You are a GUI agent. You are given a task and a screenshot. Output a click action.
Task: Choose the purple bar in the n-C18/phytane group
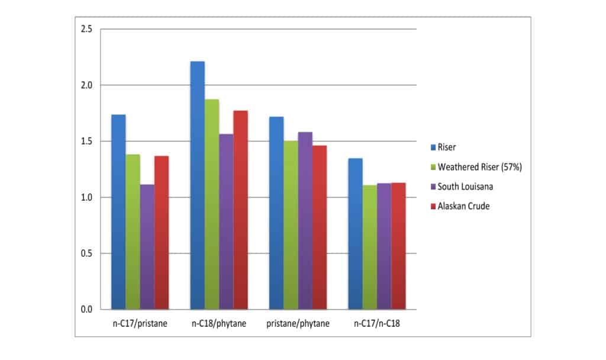[x=226, y=221]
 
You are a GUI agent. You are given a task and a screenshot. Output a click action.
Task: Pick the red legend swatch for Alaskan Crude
[x=433, y=206]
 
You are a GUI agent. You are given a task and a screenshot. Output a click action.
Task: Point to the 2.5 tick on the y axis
[x=86, y=29]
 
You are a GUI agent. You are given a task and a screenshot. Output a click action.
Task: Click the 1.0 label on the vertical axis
[x=86, y=197]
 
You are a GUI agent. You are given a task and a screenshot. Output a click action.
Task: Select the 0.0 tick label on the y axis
[x=86, y=310]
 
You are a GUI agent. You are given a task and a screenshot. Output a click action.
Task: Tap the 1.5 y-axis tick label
[x=86, y=141]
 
